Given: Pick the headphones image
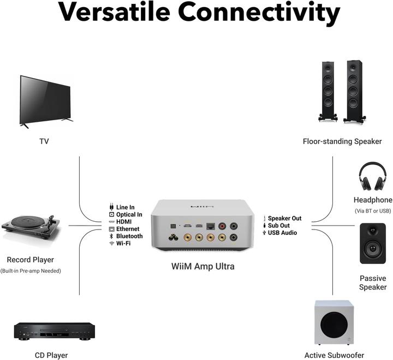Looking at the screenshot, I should click(372, 176).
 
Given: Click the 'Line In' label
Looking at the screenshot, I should click(125, 208).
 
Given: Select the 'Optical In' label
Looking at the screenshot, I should click(129, 215).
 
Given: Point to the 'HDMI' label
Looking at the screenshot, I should click(124, 222).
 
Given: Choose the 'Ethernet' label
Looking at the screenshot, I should click(127, 229).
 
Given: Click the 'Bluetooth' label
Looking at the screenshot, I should click(129, 236).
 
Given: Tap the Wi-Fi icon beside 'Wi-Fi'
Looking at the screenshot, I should click(111, 244).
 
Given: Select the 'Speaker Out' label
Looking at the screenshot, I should click(284, 219).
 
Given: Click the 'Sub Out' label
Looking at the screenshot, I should click(278, 226).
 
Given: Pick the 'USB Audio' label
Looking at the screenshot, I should click(282, 233).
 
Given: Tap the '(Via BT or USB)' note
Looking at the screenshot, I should click(373, 211).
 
